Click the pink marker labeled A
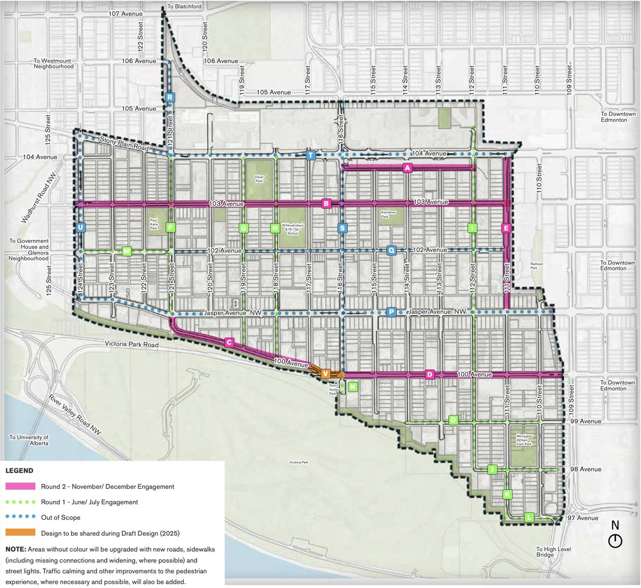tap(408, 168)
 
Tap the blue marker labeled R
tap(169, 97)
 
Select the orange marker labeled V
tap(325, 374)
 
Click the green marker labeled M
tap(127, 251)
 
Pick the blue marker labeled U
tap(81, 227)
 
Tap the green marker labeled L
tap(529, 517)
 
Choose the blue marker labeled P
tap(391, 312)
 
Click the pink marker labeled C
tap(229, 343)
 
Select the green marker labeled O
tap(453, 420)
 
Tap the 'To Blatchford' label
tap(185, 6)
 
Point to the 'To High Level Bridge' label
tap(554, 552)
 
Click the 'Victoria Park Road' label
tap(132, 344)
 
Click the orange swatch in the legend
tap(20, 533)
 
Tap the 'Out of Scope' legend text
tap(60, 517)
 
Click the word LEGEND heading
tap(19, 471)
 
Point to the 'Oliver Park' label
tap(259, 179)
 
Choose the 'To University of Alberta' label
tap(29, 440)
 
